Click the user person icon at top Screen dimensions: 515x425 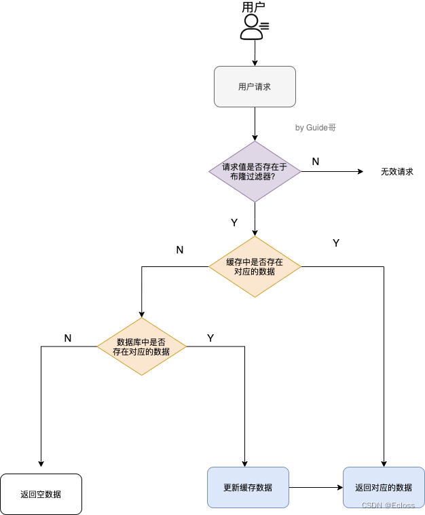253,26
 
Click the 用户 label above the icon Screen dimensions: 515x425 253,7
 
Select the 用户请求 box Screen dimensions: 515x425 255,86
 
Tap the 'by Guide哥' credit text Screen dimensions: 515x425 315,127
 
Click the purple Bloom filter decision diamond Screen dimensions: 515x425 255,171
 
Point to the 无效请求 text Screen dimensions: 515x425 396,172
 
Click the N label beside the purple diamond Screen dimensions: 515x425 316,161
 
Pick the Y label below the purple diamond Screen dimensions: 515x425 234,222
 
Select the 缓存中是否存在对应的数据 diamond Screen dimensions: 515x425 255,266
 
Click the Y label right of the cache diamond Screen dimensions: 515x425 336,243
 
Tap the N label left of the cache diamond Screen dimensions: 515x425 180,249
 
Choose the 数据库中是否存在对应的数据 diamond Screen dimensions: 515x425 141,347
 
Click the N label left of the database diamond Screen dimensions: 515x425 68,338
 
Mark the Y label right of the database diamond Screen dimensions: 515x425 210,338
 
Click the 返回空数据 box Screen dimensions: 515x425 41,494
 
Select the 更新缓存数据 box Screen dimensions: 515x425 248,487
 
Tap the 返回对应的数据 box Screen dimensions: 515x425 384,487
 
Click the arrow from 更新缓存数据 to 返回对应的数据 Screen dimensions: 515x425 316,487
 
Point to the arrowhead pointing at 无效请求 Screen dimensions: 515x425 361,172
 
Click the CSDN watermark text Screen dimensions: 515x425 388,505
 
